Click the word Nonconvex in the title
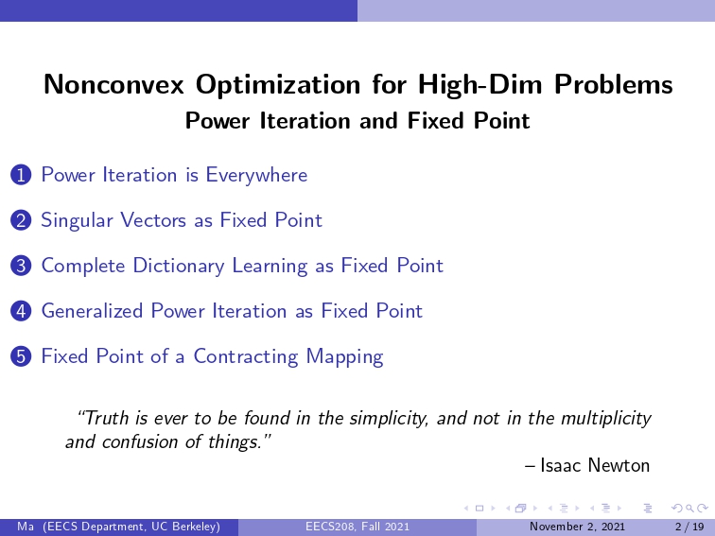pyautogui.click(x=114, y=84)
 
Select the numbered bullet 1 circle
pyautogui.click(x=21, y=176)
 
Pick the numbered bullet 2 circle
pyautogui.click(x=21, y=220)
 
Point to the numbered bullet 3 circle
pyautogui.click(x=21, y=266)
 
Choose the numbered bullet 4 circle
pyautogui.click(x=21, y=311)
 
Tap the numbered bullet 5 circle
pyautogui.click(x=21, y=356)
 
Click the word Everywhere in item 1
pyautogui.click(x=256, y=176)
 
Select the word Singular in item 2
pyautogui.click(x=77, y=220)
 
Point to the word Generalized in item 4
pyautogui.click(x=92, y=311)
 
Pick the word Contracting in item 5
pyautogui.click(x=246, y=357)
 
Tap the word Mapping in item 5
pyautogui.click(x=344, y=357)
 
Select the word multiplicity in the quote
pyautogui.click(x=606, y=419)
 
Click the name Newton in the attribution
pyautogui.click(x=619, y=465)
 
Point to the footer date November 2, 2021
pyautogui.click(x=577, y=527)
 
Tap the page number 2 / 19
pyautogui.click(x=689, y=527)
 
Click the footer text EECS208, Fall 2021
pyautogui.click(x=357, y=527)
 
